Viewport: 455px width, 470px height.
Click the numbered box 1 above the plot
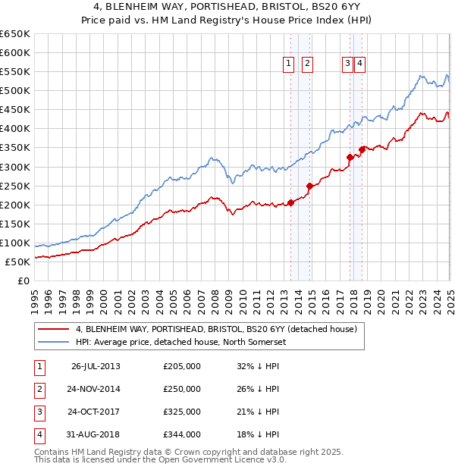(289, 64)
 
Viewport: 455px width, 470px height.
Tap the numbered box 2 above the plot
(307, 64)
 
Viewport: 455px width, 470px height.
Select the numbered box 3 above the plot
(347, 64)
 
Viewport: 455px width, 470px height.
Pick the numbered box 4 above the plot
(359, 64)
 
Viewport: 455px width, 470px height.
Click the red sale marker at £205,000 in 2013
(291, 202)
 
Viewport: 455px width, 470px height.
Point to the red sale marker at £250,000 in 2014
(309, 186)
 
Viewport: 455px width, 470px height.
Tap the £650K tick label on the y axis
(15, 34)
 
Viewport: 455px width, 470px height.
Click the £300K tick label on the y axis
(15, 167)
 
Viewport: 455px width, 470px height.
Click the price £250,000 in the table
(182, 389)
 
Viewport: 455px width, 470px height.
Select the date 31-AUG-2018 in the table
(96, 435)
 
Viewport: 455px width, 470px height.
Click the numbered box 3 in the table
(38, 412)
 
